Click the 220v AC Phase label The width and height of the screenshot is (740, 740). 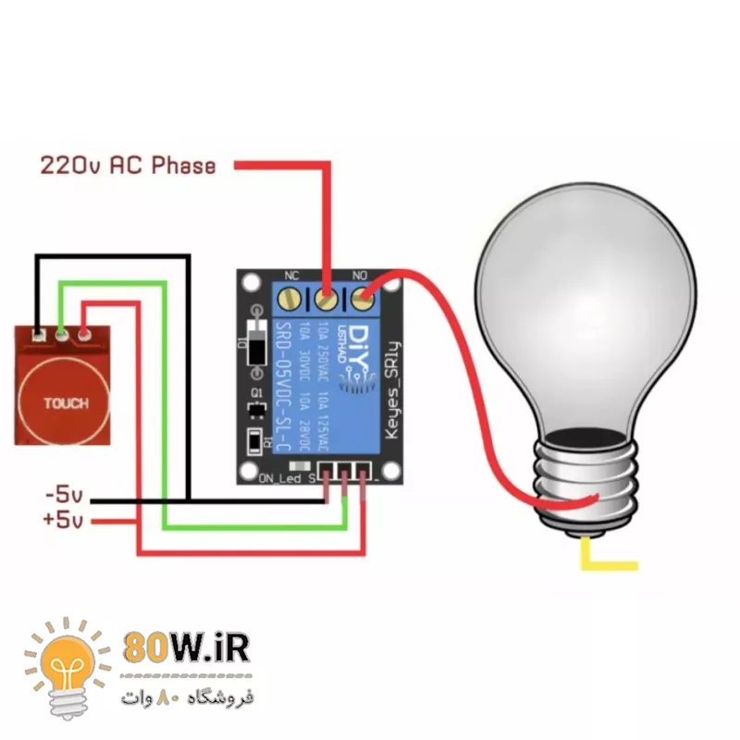[128, 166]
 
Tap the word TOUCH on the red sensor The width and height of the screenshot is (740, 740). [66, 403]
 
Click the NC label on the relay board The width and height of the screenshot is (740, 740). [290, 276]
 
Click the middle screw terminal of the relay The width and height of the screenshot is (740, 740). [327, 299]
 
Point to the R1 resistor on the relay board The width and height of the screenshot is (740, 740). [256, 441]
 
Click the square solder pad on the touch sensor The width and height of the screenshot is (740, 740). [38, 334]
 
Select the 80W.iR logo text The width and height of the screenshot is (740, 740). [186, 648]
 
